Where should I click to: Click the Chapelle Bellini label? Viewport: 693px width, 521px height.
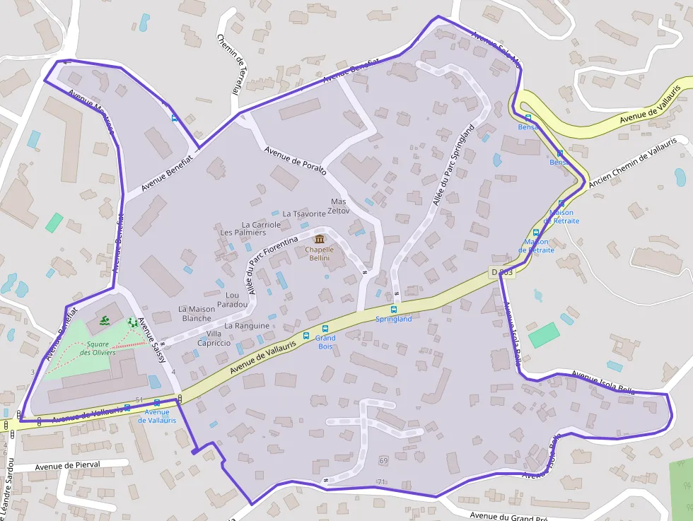point(319,254)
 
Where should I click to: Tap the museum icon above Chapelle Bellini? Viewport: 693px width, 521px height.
point(319,239)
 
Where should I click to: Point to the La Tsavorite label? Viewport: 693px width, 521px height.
point(304,213)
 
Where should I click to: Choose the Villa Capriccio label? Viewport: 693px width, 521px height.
point(219,338)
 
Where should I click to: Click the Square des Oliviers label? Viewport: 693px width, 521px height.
point(98,349)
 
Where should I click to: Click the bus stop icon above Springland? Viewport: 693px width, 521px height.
point(394,309)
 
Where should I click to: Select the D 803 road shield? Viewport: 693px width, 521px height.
point(501,272)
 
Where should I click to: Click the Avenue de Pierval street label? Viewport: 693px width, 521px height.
point(68,466)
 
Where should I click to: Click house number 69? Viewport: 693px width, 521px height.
point(384,461)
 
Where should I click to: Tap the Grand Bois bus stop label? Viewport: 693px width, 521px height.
point(325,341)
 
